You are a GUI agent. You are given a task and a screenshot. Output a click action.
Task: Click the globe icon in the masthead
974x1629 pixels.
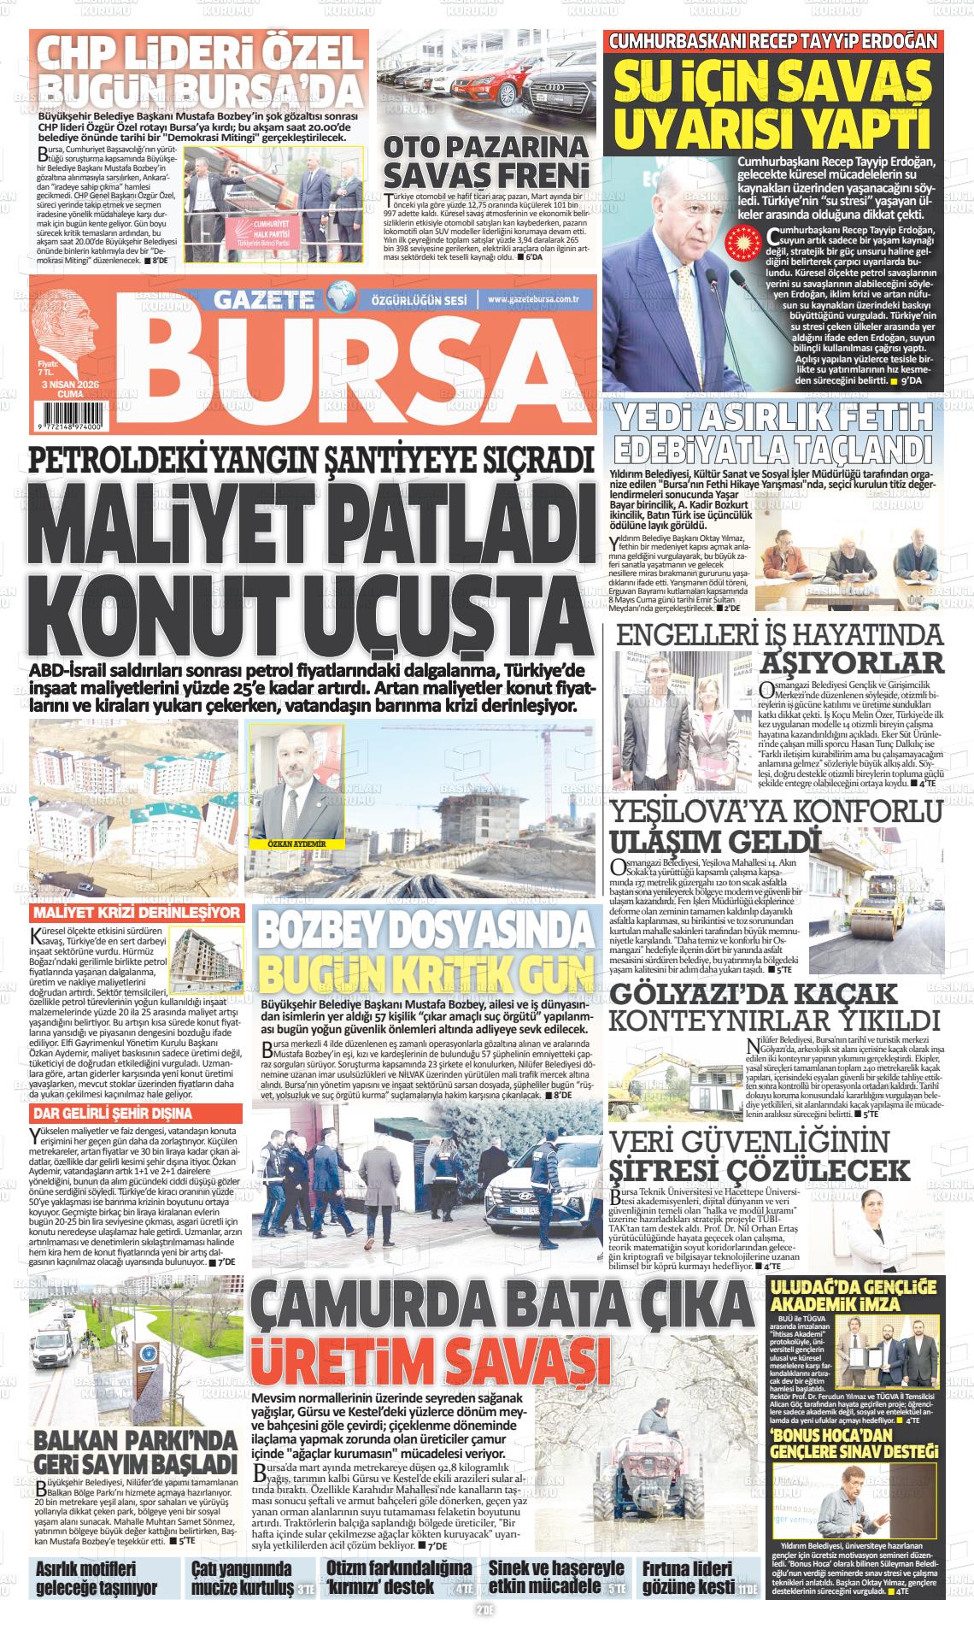coord(341,299)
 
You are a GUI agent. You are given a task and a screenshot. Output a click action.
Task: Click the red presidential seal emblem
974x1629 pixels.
coord(742,244)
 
